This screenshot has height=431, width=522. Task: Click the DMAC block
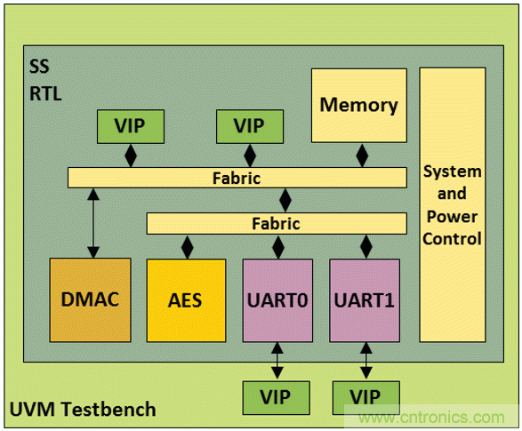(x=90, y=299)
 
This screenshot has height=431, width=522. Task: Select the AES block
(x=186, y=299)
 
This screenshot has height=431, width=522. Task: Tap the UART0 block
(x=277, y=299)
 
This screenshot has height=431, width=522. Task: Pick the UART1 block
(x=365, y=299)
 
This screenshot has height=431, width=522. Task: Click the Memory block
(x=358, y=105)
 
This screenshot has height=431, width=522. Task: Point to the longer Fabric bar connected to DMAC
(x=236, y=178)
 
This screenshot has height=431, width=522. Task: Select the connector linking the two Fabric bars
(x=285, y=201)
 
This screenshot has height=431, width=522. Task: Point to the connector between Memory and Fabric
(x=361, y=155)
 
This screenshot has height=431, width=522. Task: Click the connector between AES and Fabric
(x=187, y=246)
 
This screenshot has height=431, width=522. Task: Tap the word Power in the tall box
(x=452, y=216)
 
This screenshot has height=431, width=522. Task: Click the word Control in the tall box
(x=452, y=238)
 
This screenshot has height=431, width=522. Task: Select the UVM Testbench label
(x=83, y=410)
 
